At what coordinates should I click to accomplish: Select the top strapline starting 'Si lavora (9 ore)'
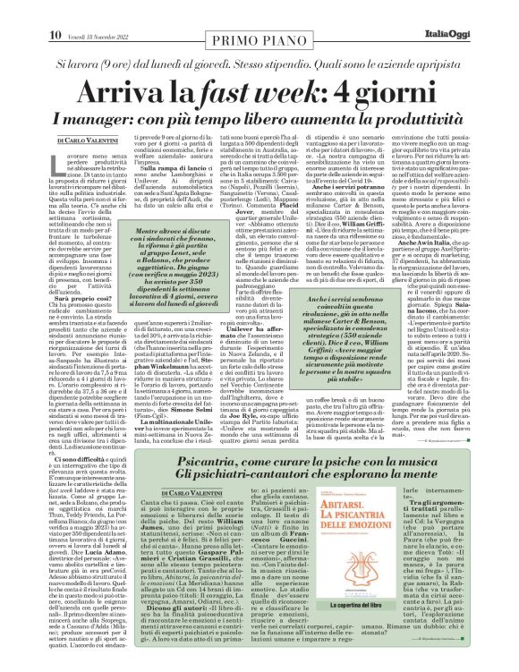(x=259, y=39)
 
